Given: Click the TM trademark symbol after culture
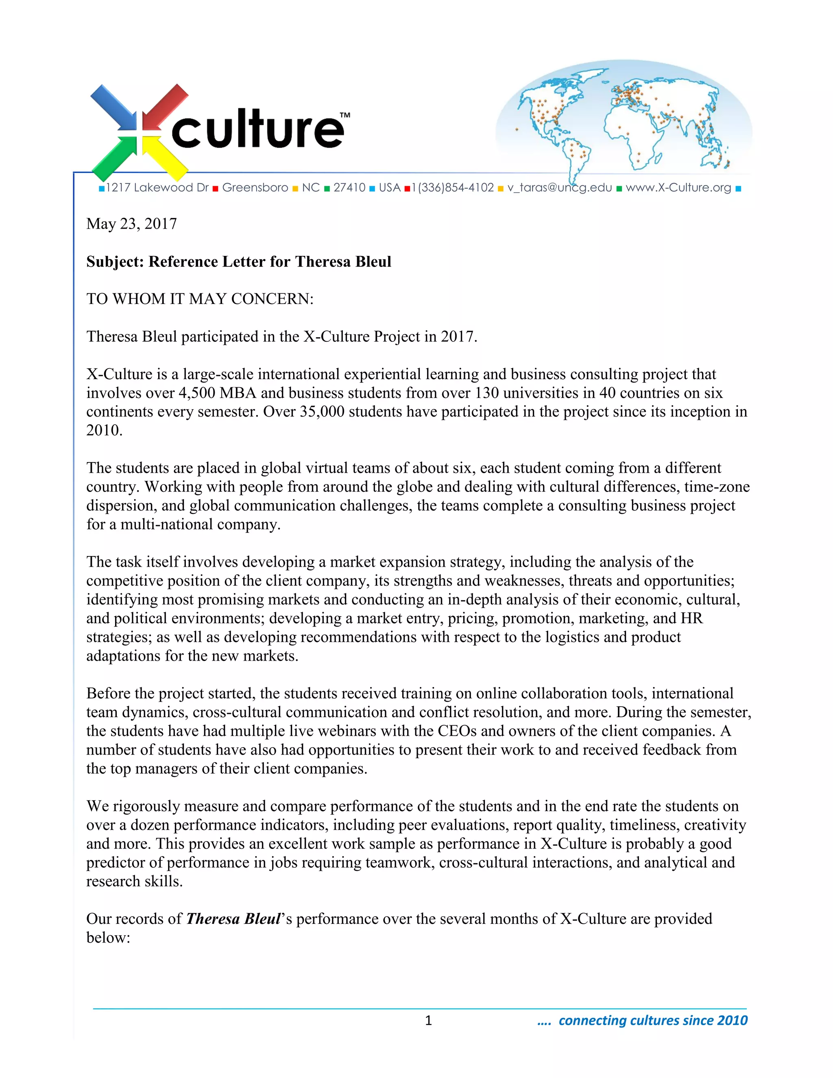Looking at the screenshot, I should coord(345,115).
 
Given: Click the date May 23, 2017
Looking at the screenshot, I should coord(131,224).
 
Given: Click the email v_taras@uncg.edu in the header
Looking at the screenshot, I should coord(560,188).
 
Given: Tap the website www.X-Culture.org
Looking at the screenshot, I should coord(678,188).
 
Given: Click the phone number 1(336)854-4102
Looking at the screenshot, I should coord(453,188).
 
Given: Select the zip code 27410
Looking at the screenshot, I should coord(349,188).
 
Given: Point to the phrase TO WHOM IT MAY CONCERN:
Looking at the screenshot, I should coord(200,299).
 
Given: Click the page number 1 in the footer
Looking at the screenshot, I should coord(428,1021).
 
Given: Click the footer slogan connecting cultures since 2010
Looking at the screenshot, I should coord(652,1021).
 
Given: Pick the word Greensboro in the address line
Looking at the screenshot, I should coord(255,188).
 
